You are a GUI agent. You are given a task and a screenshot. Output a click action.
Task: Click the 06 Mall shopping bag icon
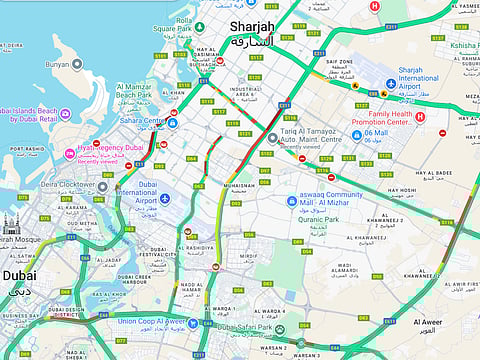[x=356, y=135]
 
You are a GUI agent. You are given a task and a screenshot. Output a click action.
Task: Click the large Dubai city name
[x=19, y=275]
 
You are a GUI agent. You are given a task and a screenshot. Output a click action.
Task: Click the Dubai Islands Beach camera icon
[x=64, y=114]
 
